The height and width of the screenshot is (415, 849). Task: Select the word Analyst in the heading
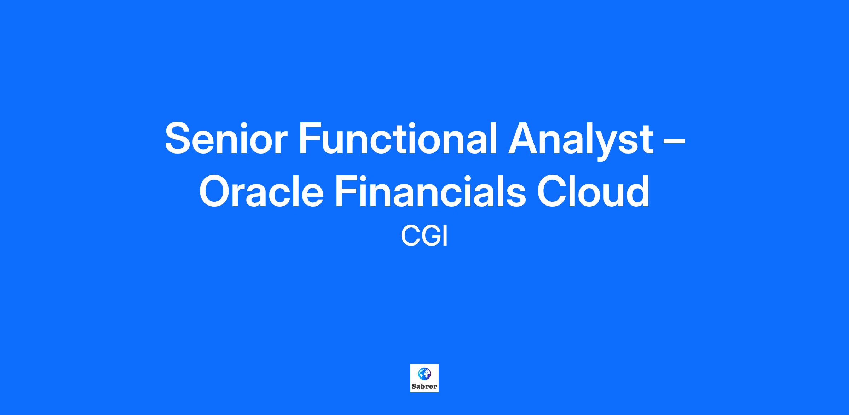pos(581,141)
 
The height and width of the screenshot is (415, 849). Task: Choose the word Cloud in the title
pos(593,191)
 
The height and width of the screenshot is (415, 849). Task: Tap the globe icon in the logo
pos(424,373)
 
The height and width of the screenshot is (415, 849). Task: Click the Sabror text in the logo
pos(424,386)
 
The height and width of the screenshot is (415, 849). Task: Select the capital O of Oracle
pos(216,191)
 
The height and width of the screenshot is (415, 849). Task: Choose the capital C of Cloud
pos(553,191)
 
